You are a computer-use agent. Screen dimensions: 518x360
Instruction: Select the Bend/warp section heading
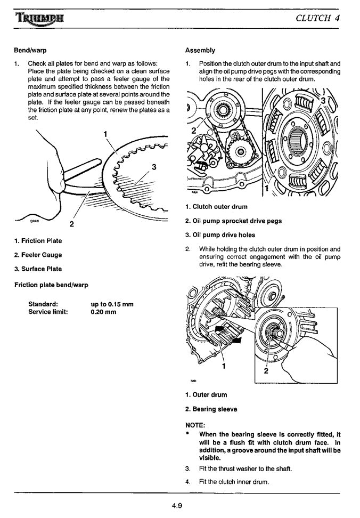coord(30,51)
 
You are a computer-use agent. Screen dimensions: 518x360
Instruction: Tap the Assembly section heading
coord(200,51)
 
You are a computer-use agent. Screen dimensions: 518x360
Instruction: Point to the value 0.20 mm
coord(103,312)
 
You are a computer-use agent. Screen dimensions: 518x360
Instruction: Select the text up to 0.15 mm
coord(112,304)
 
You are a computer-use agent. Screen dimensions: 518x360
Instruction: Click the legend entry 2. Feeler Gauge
coord(38,255)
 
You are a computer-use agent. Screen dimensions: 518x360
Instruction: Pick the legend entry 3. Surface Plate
coord(38,269)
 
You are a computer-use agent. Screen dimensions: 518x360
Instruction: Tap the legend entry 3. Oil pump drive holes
coord(220,235)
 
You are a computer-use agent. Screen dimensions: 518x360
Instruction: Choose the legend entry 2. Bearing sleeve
coord(211,409)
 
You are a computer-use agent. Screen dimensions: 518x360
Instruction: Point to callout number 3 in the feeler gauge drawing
coord(154,167)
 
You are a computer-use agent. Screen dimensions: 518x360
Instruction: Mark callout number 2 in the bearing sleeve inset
coord(265,371)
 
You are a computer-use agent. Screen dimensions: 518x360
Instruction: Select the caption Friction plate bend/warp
coord(51,285)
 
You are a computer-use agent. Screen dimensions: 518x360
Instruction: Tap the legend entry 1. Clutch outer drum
coord(216,207)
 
